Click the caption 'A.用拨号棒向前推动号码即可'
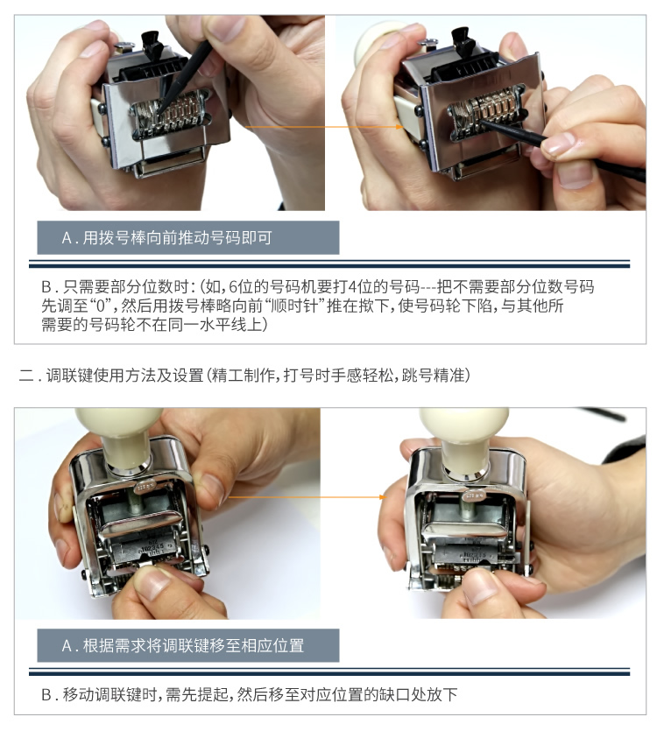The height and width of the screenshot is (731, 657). pos(166,238)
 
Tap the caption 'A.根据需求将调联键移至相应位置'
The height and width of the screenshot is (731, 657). pos(182,645)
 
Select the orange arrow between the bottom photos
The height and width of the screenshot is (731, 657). pos(307,497)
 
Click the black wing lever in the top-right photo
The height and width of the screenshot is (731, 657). pos(463,41)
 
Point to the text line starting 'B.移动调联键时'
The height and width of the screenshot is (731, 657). pos(250,694)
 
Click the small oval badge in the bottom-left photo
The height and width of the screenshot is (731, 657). pos(146,487)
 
